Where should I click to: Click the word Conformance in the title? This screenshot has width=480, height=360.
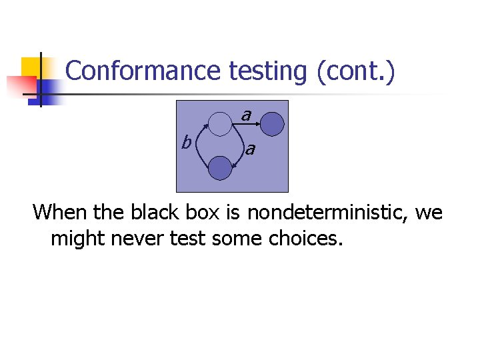point(143,71)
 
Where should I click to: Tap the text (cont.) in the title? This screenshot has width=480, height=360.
point(357,71)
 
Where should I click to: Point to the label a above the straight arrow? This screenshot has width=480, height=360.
point(246,115)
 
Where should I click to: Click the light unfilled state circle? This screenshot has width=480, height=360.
point(219,123)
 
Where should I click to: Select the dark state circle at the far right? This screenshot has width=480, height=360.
point(272,123)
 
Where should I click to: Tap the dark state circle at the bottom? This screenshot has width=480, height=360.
point(219,168)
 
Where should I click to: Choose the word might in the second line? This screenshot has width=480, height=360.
point(76,238)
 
